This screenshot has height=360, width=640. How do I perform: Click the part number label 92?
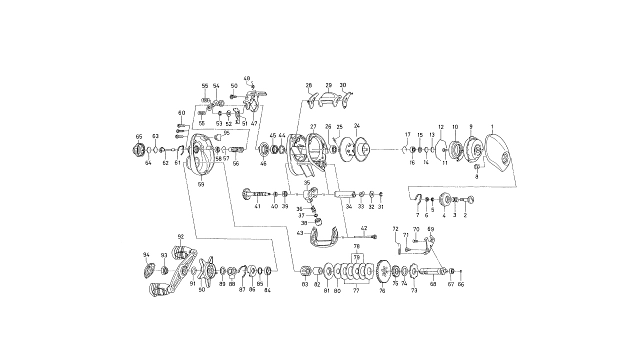coord(180,236)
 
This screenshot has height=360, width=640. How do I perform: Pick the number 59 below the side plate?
coord(201,184)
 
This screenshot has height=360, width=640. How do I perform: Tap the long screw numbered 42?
coord(365,236)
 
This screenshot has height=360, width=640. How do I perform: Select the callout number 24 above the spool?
coord(357,125)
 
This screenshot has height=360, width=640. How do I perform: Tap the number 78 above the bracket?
coord(356,246)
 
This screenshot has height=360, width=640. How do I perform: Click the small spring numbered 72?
coord(399,247)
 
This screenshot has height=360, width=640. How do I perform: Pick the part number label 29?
coord(328,85)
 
